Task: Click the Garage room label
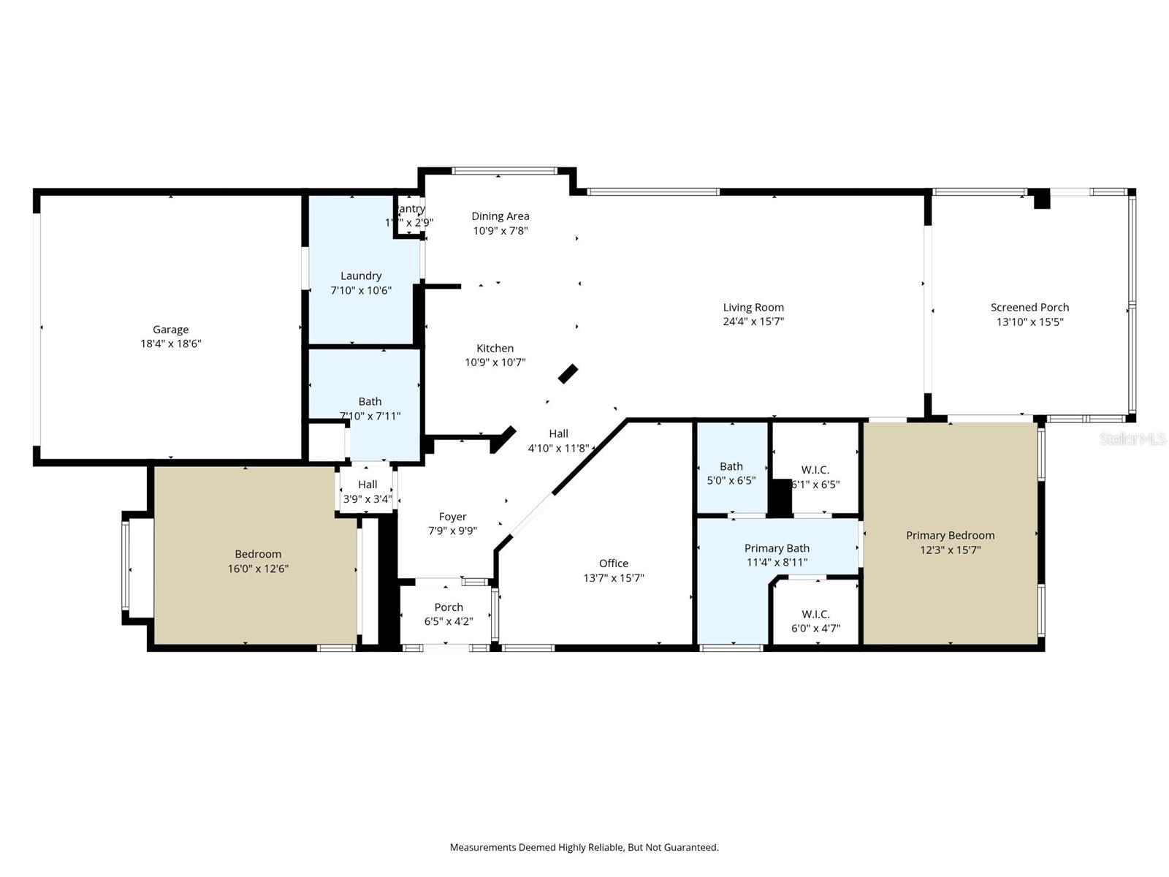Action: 170,330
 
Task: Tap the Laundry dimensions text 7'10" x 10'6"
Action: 361,290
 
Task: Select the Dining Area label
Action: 500,216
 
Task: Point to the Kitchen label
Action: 495,349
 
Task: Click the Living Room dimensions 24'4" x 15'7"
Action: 753,322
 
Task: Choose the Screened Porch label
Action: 1029,308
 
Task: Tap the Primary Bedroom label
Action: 950,536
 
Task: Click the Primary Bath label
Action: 777,548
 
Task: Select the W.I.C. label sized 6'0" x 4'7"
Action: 815,615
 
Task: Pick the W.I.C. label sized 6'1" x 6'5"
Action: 815,470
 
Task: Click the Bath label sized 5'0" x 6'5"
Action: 731,466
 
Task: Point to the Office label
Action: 614,563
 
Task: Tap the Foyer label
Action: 452,517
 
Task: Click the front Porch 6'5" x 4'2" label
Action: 449,607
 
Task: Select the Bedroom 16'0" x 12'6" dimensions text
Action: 258,569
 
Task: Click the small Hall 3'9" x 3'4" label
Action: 368,485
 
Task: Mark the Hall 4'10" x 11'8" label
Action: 558,434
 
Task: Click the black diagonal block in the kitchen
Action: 568,373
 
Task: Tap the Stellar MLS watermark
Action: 1132,438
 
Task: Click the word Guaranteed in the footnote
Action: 691,848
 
